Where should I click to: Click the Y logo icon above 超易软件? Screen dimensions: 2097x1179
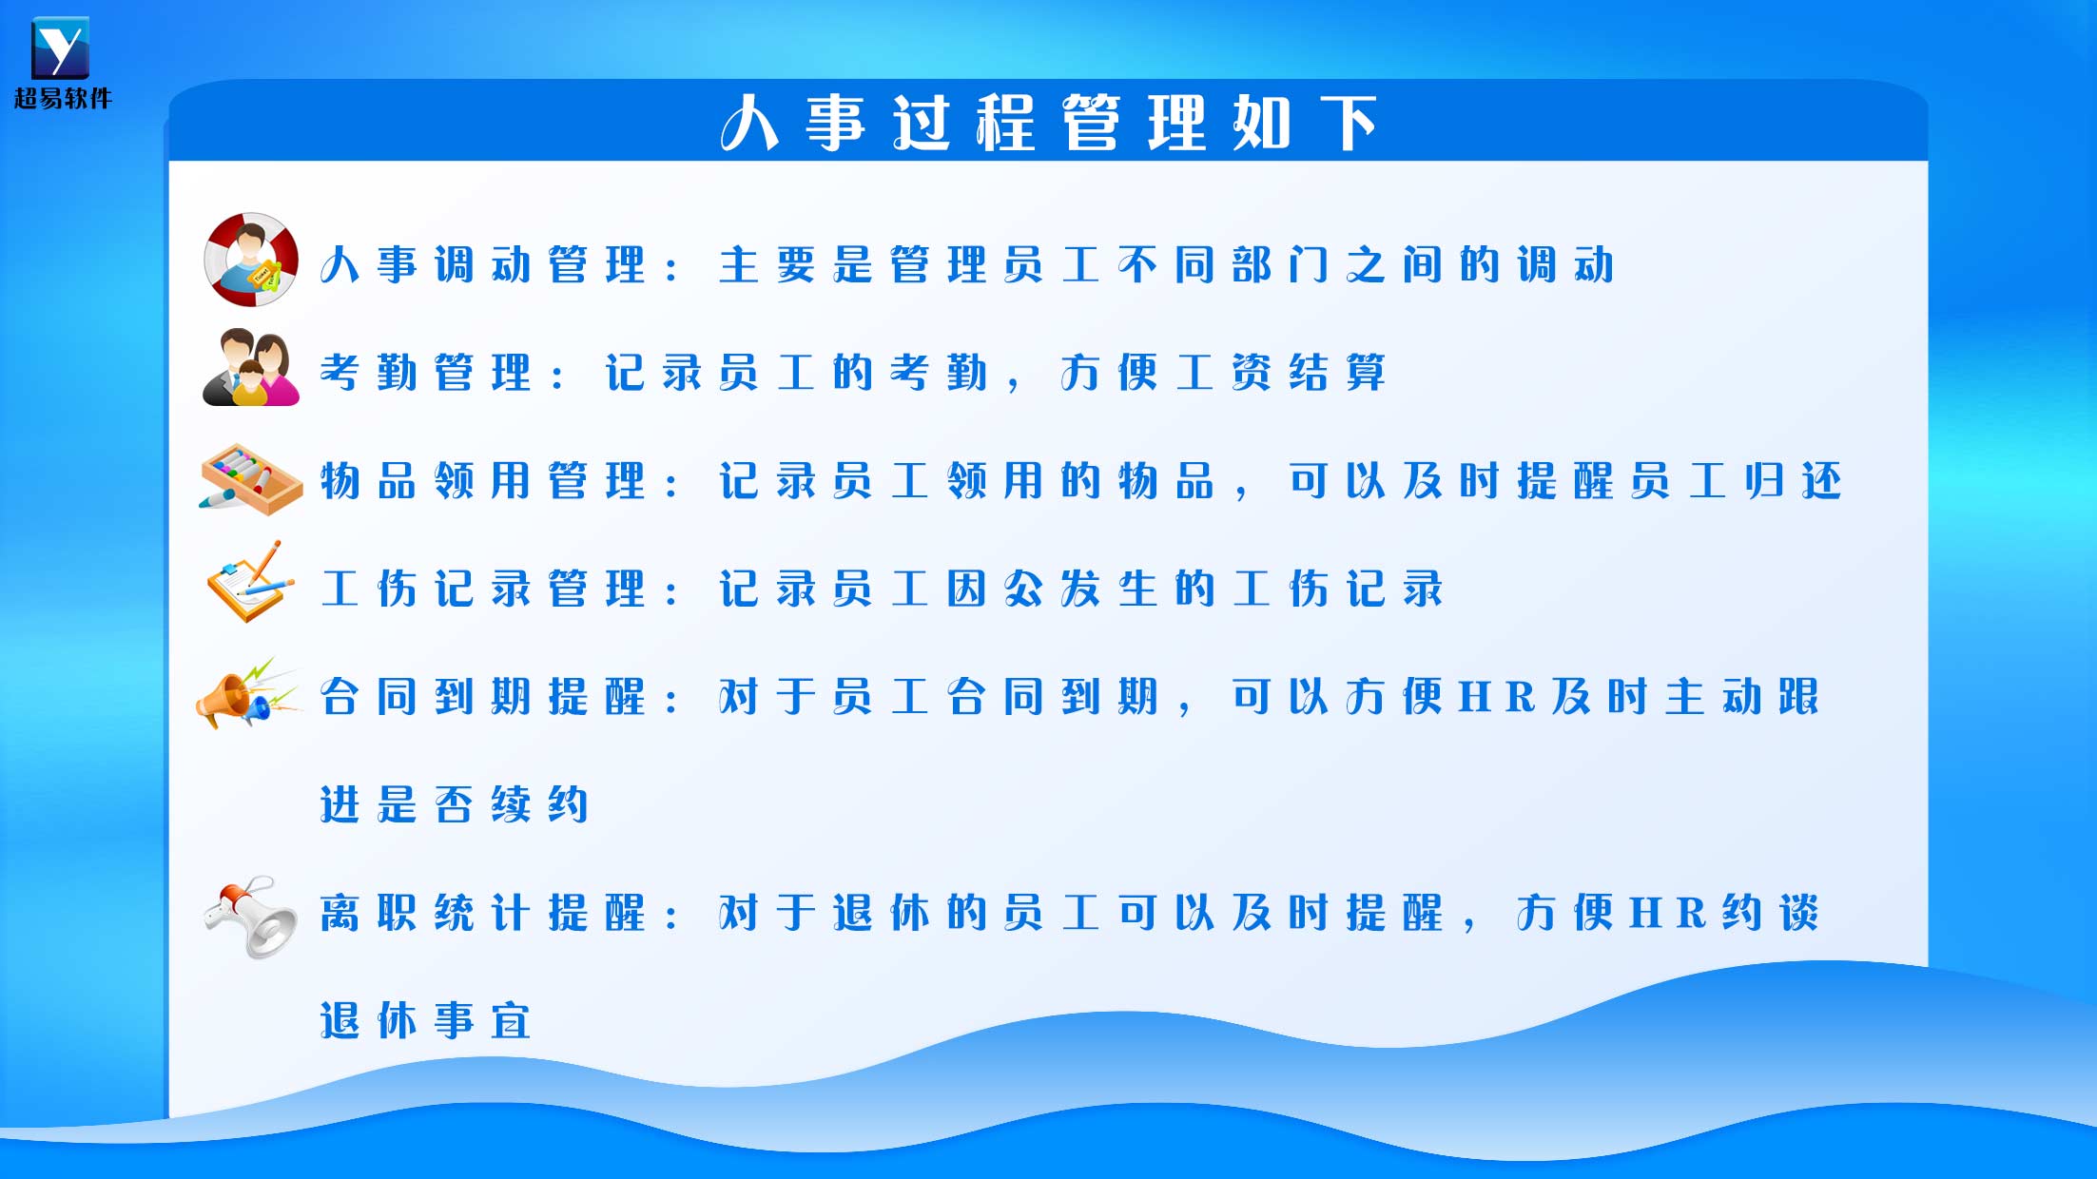click(x=60, y=48)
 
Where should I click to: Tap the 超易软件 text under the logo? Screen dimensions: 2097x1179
click(x=63, y=98)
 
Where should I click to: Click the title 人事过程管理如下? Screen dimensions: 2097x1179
click(x=1049, y=123)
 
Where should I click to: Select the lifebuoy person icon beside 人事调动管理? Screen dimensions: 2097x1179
click(x=251, y=260)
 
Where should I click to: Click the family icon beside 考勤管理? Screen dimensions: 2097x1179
click(x=251, y=367)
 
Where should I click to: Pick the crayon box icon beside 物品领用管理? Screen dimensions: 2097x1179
click(x=251, y=479)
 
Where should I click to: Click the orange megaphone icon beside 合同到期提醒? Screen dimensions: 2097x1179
click(x=247, y=694)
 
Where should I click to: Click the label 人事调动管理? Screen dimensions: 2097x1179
click(x=483, y=265)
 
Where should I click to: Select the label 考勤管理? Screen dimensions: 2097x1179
click(x=426, y=373)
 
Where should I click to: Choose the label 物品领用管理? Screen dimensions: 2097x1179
click(x=483, y=481)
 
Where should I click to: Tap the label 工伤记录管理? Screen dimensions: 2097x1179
click(x=483, y=589)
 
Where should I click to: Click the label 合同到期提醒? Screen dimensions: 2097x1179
click(x=483, y=697)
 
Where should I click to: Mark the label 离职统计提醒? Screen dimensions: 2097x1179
click(x=483, y=913)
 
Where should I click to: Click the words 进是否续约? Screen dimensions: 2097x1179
click(x=455, y=804)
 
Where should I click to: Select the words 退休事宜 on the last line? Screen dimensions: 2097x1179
click(x=426, y=1020)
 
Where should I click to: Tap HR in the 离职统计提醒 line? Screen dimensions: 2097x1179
click(x=1668, y=914)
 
